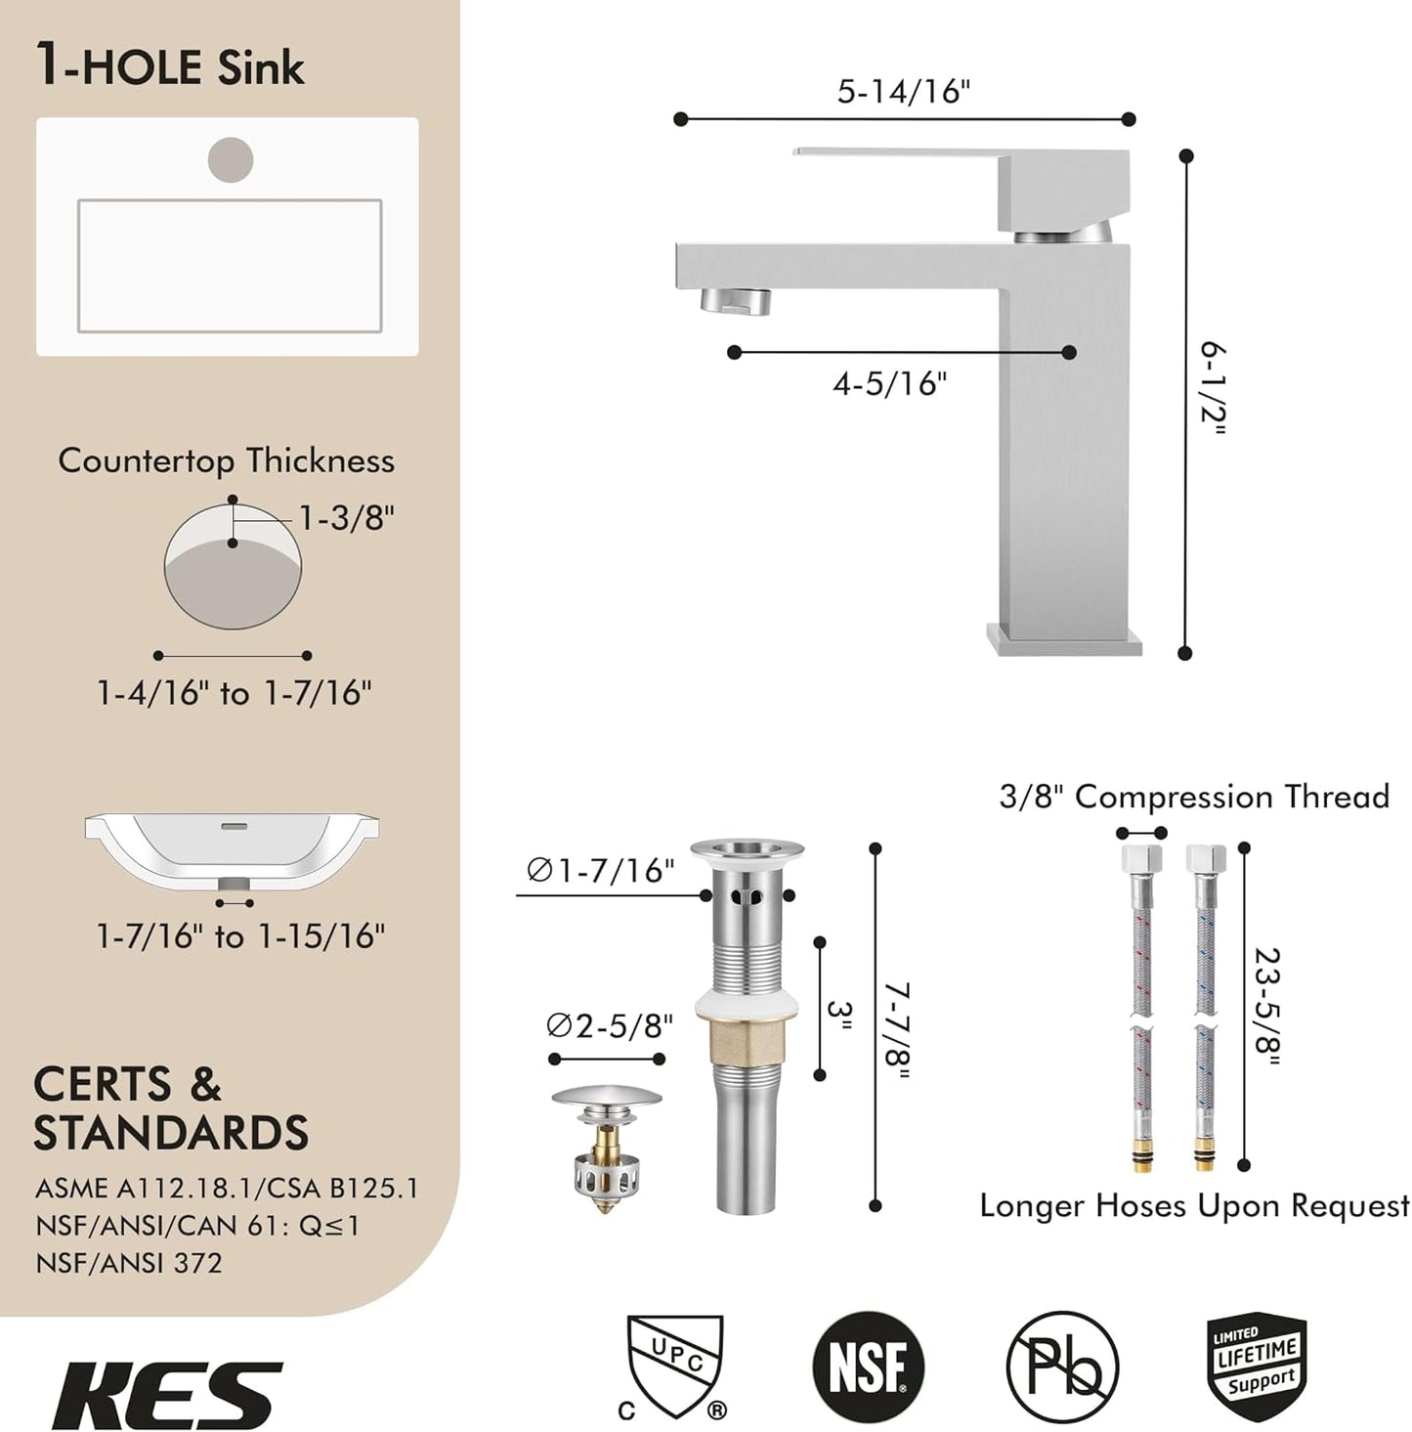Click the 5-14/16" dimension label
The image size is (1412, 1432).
(904, 91)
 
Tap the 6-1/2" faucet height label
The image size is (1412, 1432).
(1213, 389)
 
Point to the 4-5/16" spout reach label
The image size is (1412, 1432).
(890, 383)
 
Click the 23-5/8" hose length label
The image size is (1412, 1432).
(1266, 1007)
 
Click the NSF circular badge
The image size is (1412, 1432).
(868, 1366)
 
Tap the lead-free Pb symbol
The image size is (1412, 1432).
(1062, 1366)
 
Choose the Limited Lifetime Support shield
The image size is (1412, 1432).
(1257, 1366)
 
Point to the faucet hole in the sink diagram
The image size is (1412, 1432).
(231, 159)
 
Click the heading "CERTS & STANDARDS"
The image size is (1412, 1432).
(171, 1108)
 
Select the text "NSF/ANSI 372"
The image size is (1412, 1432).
(129, 1262)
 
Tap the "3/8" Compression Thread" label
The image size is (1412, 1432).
(1193, 797)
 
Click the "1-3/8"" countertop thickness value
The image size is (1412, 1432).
(346, 518)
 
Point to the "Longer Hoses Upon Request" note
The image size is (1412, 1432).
(1194, 1205)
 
